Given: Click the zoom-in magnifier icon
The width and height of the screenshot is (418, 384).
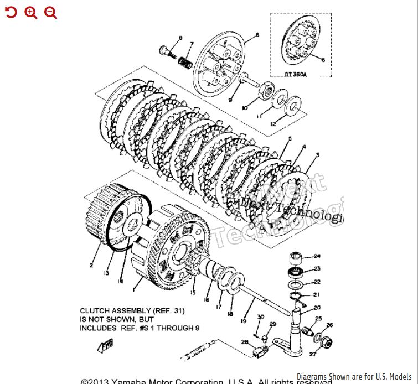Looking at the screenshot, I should (x=31, y=13).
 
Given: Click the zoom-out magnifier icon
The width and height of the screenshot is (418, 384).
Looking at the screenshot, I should (x=51, y=13).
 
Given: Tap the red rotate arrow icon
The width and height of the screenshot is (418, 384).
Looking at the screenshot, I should (x=11, y=13).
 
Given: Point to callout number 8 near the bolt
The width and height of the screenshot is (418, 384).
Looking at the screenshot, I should (x=180, y=38).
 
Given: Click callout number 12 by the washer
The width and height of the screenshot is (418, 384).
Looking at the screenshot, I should (x=272, y=124).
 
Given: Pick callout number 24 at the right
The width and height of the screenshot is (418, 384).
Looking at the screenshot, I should (x=317, y=256).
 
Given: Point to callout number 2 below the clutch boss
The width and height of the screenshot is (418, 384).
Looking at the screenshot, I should (x=91, y=265).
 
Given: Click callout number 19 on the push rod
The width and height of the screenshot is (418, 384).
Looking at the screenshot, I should (x=242, y=320).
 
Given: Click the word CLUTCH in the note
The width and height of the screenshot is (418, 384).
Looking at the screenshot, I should (x=96, y=311).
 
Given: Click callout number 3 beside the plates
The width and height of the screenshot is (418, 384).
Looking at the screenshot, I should (x=317, y=155).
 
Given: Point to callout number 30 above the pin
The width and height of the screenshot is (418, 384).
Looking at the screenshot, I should (x=260, y=317).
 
